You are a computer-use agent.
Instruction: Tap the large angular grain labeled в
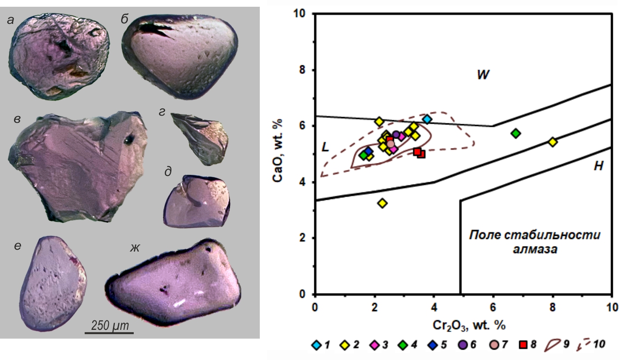(79, 164)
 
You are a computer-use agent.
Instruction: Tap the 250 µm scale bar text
(109, 325)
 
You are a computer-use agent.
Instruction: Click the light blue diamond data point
(427, 119)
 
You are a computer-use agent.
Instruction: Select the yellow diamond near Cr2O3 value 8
(553, 142)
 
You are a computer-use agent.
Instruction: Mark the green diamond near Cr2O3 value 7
(516, 133)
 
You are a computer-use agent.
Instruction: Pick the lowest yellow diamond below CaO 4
(383, 203)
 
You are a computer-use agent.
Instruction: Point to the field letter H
(597, 166)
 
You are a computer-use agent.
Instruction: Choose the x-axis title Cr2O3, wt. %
(462, 324)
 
